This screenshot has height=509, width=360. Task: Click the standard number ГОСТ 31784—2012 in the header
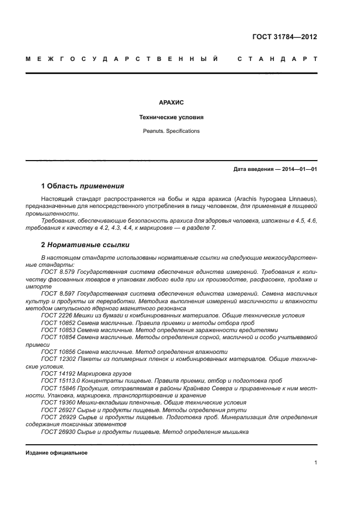click(285, 37)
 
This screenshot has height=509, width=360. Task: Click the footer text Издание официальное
click(56, 453)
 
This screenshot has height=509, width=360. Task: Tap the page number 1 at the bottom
click(315, 463)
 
